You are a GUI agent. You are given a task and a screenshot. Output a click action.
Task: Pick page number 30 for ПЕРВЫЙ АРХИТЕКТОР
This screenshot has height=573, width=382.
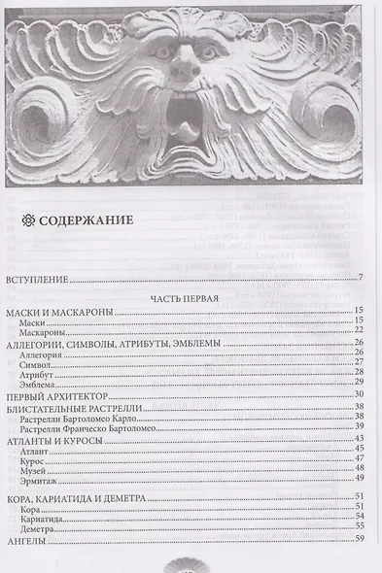click(x=358, y=394)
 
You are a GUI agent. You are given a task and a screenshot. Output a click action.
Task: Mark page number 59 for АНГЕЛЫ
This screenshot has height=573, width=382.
click(x=358, y=541)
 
